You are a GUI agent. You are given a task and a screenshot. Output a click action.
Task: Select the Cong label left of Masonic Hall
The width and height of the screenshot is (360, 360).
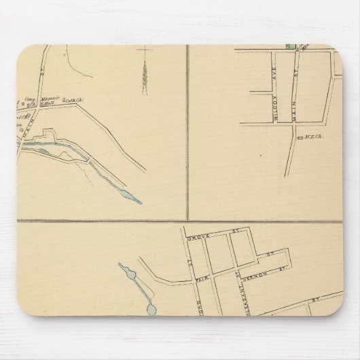tap(30, 101)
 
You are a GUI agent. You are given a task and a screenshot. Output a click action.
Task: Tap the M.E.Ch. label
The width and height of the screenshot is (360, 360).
tap(310, 137)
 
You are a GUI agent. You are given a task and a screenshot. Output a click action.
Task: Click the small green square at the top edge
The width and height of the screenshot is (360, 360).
tap(289, 47)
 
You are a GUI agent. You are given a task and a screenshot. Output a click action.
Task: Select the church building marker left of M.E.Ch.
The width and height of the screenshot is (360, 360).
tap(297, 137)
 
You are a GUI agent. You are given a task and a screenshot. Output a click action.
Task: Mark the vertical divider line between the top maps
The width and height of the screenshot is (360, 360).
tap(187, 129)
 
